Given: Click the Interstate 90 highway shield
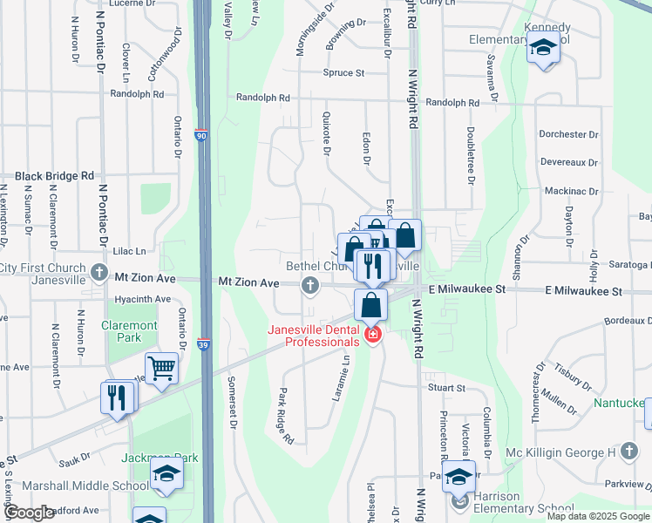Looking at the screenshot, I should [x=201, y=136].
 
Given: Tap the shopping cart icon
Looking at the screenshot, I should [x=162, y=368].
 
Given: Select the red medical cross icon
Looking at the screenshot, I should [x=372, y=335].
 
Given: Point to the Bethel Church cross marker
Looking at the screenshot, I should [x=309, y=284].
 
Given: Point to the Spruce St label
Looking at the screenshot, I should [x=343, y=73].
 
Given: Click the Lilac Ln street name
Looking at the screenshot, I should [x=128, y=250].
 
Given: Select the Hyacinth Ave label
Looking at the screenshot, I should [x=143, y=299].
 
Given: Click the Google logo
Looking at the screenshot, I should [x=29, y=513].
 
